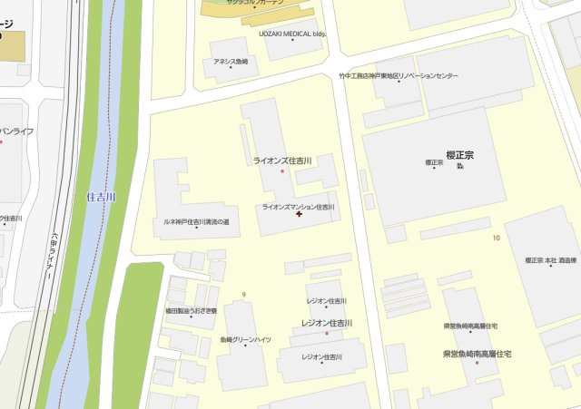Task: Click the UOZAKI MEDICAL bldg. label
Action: point(291,34)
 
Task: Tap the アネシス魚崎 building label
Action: point(231,62)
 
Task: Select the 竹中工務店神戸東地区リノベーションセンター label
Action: point(399,76)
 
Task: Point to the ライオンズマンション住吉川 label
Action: point(298,207)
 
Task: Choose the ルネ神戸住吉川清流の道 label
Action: point(195,220)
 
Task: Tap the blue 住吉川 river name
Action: point(101,196)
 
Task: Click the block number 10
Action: point(496,238)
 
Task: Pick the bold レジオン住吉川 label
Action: point(327,323)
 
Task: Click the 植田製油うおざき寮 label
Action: point(191,311)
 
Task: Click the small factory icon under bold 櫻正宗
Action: point(460,167)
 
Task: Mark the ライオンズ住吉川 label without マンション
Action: point(282,161)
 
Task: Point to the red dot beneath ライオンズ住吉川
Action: point(282,170)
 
